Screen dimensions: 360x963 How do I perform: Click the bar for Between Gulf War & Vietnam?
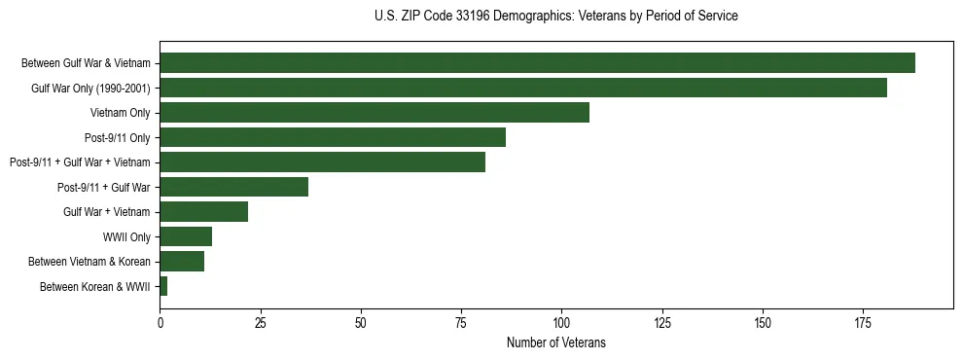point(537,63)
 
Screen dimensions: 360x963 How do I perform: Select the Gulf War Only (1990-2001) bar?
point(523,89)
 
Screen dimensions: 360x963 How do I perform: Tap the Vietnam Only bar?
point(374,113)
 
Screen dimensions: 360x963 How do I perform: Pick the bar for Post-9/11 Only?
point(333,137)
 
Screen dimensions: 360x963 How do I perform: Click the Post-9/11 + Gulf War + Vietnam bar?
point(322,162)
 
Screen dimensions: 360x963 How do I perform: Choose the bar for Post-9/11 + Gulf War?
point(233,187)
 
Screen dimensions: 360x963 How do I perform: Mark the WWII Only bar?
point(186,236)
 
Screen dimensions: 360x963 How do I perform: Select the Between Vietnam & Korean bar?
point(182,261)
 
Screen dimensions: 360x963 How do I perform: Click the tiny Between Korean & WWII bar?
point(163,286)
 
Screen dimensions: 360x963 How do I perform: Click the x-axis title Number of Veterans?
point(555,342)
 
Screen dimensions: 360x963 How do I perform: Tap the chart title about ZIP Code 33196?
point(555,17)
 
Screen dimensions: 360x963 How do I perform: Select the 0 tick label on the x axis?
point(160,321)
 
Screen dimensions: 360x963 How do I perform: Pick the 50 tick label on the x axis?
point(361,321)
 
